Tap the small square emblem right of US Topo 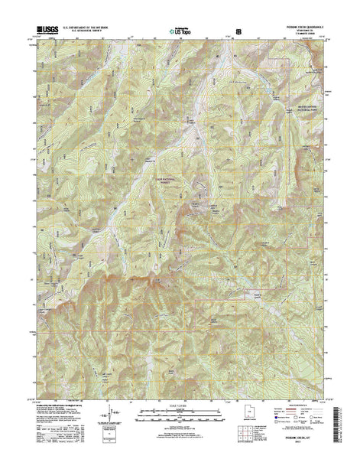pos(239,33)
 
